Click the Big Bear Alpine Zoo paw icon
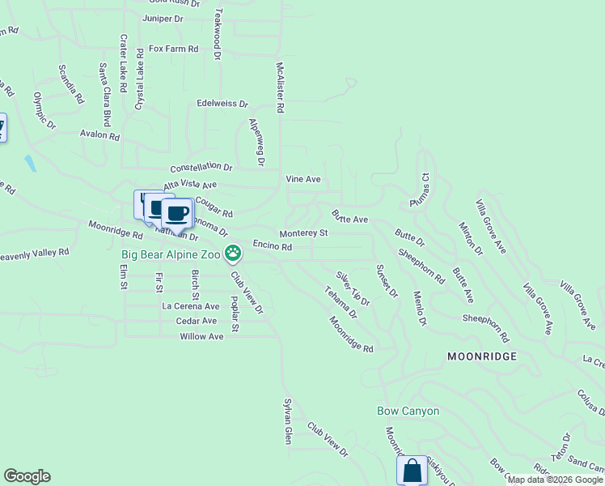(233, 254)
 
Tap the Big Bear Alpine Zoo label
(171, 254)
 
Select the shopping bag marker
(412, 469)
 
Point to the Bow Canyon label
(408, 411)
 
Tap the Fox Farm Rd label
(173, 49)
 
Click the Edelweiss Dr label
(222, 104)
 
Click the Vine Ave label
(303, 178)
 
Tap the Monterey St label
(302, 233)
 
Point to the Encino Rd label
(272, 245)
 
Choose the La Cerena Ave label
(191, 306)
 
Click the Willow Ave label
(201, 336)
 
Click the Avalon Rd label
(99, 134)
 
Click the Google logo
(27, 476)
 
